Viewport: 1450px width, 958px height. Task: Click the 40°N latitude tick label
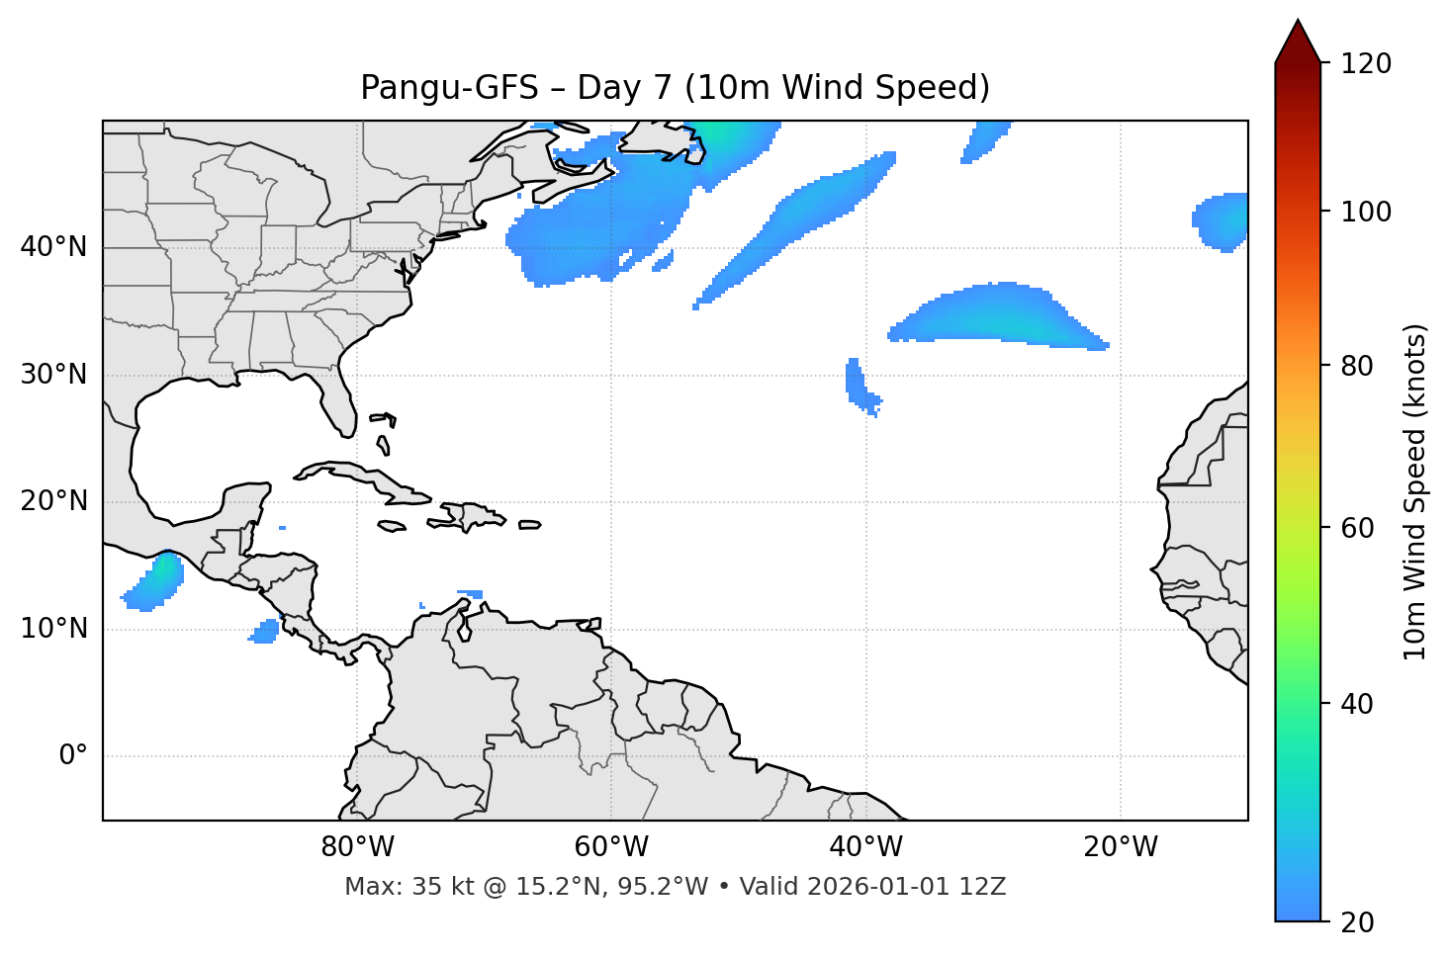tap(53, 247)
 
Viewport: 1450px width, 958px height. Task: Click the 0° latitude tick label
tap(73, 756)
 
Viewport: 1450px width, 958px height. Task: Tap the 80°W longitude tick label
tap(357, 847)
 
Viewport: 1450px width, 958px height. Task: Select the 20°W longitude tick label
tap(1121, 847)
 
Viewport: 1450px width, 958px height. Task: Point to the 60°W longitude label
tap(611, 847)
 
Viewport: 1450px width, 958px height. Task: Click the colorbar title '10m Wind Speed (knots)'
tap(1415, 492)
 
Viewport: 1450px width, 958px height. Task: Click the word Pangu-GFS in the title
tap(449, 88)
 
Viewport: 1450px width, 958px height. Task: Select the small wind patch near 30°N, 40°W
tap(858, 386)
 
